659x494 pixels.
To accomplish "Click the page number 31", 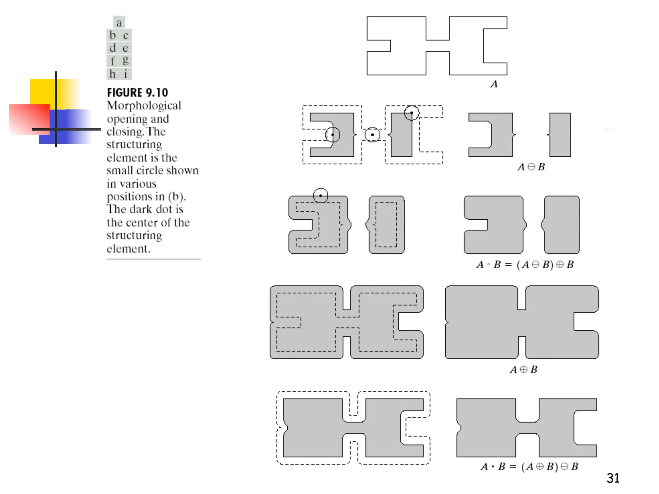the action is click(613, 478).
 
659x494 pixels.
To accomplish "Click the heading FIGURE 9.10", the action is click(137, 93).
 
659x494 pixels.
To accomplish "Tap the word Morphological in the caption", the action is click(144, 105).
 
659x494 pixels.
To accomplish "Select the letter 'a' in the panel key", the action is click(119, 23).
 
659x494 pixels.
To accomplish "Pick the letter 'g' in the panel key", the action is click(125, 60).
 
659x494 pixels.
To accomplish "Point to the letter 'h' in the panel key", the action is click(112, 74).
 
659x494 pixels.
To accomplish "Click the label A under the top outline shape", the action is click(494, 84).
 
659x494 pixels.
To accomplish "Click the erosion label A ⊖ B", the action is click(531, 167).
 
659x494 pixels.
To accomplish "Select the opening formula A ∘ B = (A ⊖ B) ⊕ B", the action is click(525, 265).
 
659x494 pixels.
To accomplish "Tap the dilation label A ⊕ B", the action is click(524, 370).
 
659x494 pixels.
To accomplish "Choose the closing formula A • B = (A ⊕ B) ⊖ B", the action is click(529, 466).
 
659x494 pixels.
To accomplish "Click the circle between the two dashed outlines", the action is click(372, 135).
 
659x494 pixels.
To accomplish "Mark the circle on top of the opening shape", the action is click(320, 196).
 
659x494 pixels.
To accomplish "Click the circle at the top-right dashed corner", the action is click(412, 113).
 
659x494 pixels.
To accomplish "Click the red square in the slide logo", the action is click(26, 119).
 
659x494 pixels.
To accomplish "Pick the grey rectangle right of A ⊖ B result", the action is click(560, 135).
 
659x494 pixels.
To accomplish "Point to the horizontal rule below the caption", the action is click(153, 259).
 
